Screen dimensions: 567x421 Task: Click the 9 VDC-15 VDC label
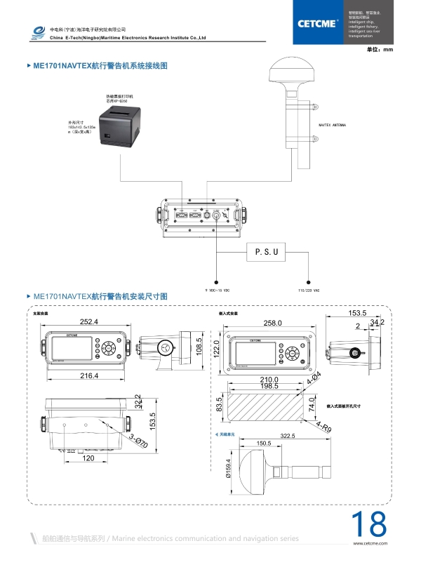218,289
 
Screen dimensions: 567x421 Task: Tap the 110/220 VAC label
309,289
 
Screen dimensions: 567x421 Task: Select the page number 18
368,525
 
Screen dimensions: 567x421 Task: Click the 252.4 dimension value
88,321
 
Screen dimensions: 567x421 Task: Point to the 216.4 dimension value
88,376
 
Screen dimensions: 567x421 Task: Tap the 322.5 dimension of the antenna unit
287,436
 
